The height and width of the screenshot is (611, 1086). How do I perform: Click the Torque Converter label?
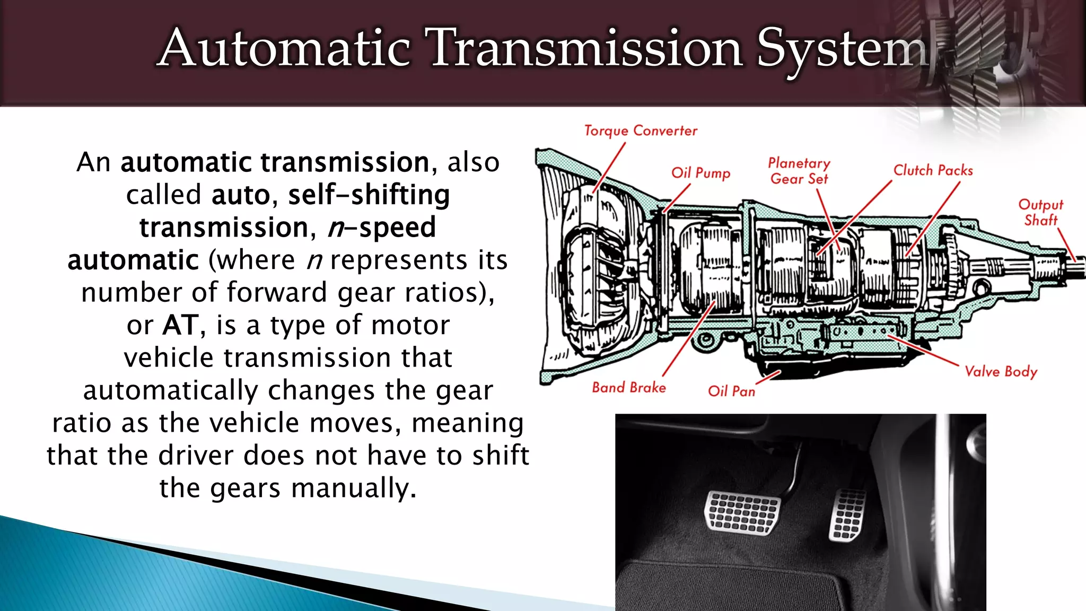tap(641, 130)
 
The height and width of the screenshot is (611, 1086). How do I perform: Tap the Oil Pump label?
tap(700, 173)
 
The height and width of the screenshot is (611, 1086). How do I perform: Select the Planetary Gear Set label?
tap(799, 171)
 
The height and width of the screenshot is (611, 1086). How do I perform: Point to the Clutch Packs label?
tap(933, 170)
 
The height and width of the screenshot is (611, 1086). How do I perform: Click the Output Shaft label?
tap(1040, 212)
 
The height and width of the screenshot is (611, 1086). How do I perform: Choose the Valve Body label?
tap(1001, 371)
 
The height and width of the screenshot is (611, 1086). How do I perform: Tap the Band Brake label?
tap(629, 388)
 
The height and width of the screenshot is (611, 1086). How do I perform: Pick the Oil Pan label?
tap(731, 391)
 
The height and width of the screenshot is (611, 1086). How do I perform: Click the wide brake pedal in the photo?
tap(742, 512)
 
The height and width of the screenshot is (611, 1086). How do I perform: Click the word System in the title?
tap(843, 49)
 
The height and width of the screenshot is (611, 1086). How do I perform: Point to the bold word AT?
tap(180, 325)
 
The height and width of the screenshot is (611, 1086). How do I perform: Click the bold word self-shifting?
tap(369, 195)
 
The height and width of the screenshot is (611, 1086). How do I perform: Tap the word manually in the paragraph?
tap(354, 488)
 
